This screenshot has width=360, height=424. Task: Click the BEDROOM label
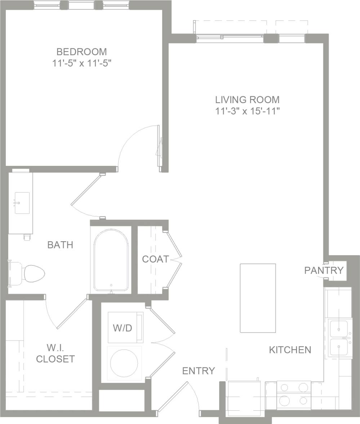coord(81,52)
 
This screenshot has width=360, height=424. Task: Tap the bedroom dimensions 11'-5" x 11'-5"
coord(81,63)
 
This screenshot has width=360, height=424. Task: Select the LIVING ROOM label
coord(247,100)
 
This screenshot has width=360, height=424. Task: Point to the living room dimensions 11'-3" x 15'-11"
coord(247,111)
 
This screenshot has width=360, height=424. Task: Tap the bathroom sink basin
coord(22,203)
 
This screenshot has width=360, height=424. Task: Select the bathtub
coord(111,260)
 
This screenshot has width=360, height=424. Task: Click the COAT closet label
coord(155,259)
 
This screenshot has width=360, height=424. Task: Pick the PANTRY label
coord(324,270)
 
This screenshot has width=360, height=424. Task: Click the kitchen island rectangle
coord(258,298)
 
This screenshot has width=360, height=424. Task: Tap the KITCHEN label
coord(290,350)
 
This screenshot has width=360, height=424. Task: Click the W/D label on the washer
coord(123,328)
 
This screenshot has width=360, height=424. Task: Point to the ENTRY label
coord(198,371)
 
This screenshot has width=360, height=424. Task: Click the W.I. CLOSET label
coord(55,353)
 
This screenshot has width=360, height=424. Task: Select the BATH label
coord(60,245)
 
